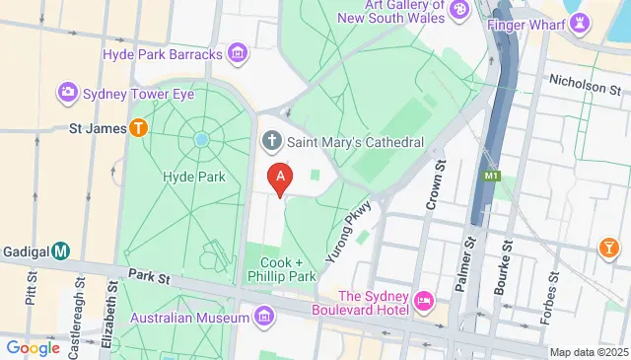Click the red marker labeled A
tap(282, 179)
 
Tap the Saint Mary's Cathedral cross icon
tap(271, 143)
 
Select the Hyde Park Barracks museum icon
tap(237, 53)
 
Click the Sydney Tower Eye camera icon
tap(68, 93)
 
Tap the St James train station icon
tap(139, 127)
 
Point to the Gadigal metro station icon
tap(61, 251)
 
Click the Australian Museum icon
tap(263, 318)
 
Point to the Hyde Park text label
tap(193, 178)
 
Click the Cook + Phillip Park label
tap(288, 269)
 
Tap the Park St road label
tap(142, 281)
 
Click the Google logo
tap(34, 347)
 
